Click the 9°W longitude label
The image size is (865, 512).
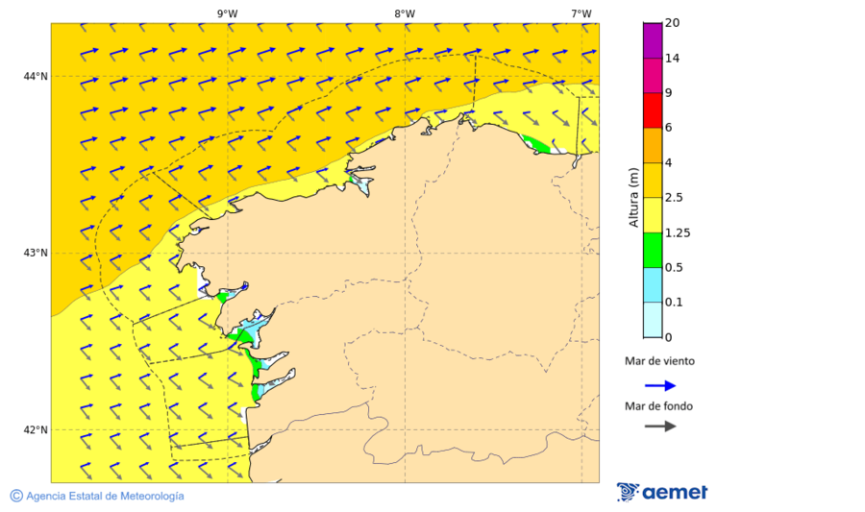[x=227, y=13]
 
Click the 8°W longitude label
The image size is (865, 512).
[x=405, y=13]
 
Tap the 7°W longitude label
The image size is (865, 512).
[x=581, y=13]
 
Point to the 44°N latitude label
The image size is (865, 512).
[x=36, y=76]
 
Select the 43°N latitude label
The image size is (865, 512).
[x=36, y=253]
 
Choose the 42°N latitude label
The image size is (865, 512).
[x=36, y=429]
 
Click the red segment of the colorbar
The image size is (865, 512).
[x=653, y=110]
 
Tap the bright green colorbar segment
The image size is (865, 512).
[x=653, y=250]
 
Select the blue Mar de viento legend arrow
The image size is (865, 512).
[x=660, y=385]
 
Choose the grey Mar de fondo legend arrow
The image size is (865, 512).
[x=660, y=427]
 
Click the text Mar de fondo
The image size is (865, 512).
[x=658, y=406]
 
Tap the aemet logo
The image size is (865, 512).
[x=662, y=492]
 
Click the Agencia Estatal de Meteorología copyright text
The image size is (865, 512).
[x=104, y=496]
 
